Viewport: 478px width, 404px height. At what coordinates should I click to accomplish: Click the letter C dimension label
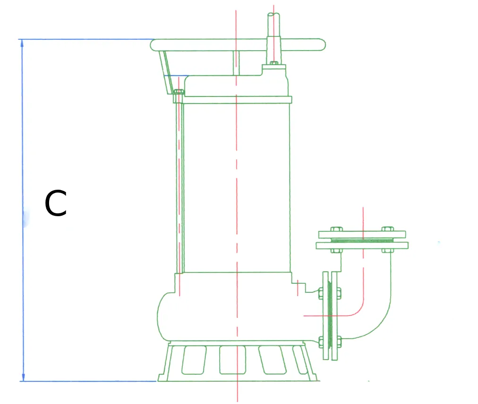click(55, 203)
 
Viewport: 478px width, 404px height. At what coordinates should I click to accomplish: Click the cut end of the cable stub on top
click(273, 14)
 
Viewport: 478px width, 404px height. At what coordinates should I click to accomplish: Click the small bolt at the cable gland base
click(274, 63)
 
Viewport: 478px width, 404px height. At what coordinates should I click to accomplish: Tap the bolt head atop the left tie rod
click(179, 92)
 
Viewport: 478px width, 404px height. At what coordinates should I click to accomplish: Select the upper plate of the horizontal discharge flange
click(362, 235)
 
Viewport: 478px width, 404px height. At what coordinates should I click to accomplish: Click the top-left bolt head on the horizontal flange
click(337, 229)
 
